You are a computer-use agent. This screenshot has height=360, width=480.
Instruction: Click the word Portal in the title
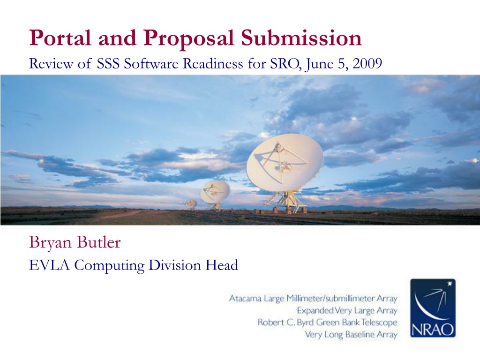click(x=60, y=38)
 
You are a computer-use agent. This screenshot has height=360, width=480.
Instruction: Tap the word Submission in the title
click(x=301, y=38)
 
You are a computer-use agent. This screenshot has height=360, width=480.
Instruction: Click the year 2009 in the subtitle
click(x=367, y=64)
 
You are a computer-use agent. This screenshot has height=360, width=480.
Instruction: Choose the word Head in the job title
click(x=222, y=265)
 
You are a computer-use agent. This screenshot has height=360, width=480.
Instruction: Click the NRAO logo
click(x=433, y=308)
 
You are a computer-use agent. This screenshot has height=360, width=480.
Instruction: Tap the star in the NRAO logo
click(x=450, y=284)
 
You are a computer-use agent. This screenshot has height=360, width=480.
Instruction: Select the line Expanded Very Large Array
click(x=347, y=311)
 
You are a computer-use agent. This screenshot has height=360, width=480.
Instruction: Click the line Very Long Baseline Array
click(x=351, y=335)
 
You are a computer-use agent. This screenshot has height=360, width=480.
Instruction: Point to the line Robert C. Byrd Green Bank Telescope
click(x=327, y=322)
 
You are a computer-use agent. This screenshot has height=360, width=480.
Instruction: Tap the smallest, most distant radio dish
click(x=191, y=204)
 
